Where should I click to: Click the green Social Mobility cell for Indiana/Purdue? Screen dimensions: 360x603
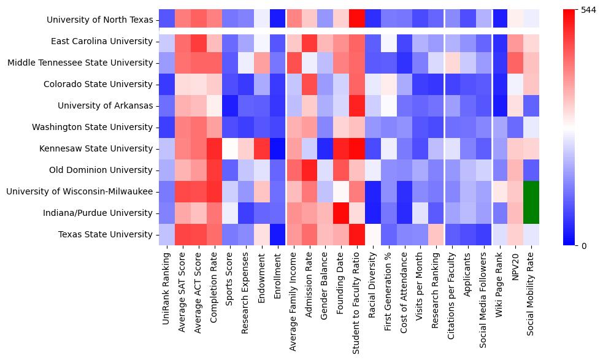click(532, 213)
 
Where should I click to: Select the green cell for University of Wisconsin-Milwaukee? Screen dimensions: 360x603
click(532, 192)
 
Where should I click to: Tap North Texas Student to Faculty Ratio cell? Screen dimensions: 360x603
click(356, 19)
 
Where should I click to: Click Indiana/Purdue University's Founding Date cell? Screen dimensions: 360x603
click(340, 213)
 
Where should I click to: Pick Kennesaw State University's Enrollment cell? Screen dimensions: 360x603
click(278, 149)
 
